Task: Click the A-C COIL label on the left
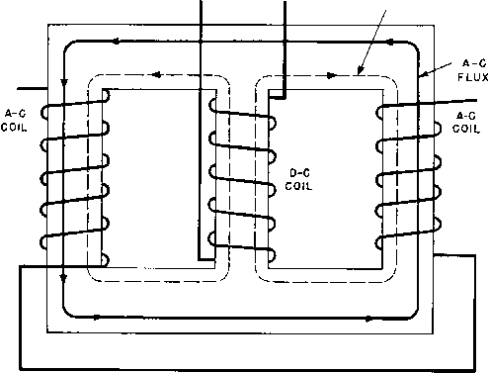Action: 14,121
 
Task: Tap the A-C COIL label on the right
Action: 465,122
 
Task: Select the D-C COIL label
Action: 298,180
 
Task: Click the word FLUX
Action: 473,77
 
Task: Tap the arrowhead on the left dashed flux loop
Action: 157,75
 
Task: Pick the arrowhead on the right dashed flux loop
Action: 331,75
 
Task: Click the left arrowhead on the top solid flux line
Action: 116,42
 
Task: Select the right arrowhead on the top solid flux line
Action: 390,43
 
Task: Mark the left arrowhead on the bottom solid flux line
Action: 96,318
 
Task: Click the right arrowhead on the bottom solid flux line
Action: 368,319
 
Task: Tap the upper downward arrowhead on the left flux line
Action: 64,82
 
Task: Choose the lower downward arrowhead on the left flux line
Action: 64,279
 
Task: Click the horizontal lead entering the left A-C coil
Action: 33,88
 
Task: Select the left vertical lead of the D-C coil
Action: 201,131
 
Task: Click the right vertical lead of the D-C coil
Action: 285,49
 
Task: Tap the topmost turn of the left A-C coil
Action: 75,104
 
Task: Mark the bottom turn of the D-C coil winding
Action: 242,246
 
